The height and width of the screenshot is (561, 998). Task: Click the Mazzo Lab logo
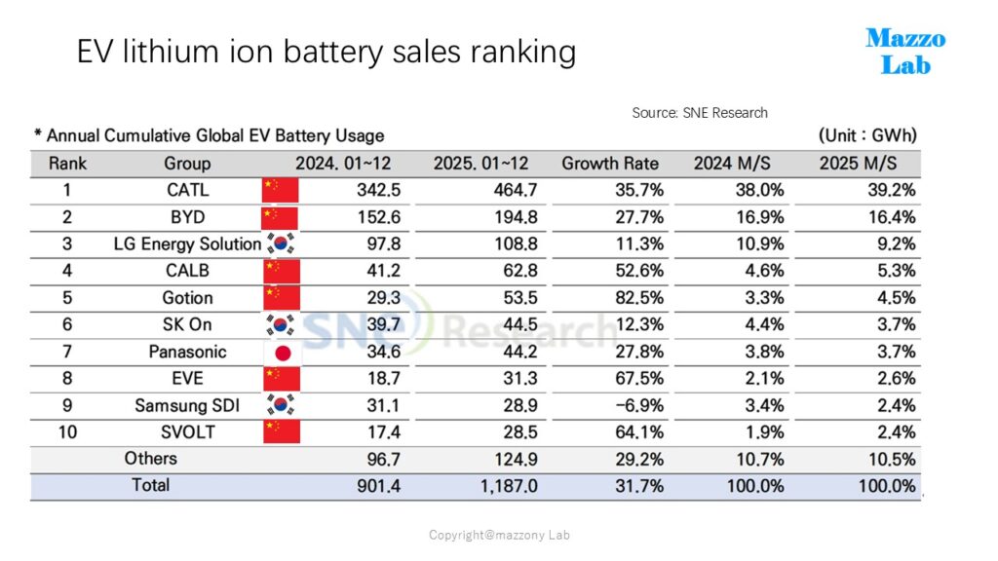(x=905, y=51)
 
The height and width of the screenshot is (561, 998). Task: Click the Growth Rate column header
(x=610, y=164)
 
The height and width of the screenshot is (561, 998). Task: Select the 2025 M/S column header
(x=858, y=164)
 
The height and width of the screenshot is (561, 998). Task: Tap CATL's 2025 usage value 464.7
(x=516, y=190)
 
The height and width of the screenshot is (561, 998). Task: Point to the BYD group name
(x=188, y=217)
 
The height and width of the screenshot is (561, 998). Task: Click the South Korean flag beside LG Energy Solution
(x=281, y=243)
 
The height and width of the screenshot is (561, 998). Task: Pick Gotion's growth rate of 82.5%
(x=639, y=298)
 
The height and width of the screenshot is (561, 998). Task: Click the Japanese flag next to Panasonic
(x=283, y=353)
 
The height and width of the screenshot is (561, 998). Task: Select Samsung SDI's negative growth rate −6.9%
(x=639, y=405)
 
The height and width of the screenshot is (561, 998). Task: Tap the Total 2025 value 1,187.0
(x=509, y=486)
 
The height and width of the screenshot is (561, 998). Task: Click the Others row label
(x=151, y=459)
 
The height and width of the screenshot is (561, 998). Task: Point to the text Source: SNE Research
(x=700, y=113)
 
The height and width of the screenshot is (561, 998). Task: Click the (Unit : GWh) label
(x=867, y=135)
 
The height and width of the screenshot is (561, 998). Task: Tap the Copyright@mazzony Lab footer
(x=499, y=535)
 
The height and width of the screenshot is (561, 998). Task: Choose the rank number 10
(x=67, y=432)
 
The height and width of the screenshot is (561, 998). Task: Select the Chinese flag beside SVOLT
(x=282, y=431)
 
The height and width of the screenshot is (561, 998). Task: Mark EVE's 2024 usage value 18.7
(x=383, y=379)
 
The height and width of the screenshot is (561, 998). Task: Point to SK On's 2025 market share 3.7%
(x=897, y=324)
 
